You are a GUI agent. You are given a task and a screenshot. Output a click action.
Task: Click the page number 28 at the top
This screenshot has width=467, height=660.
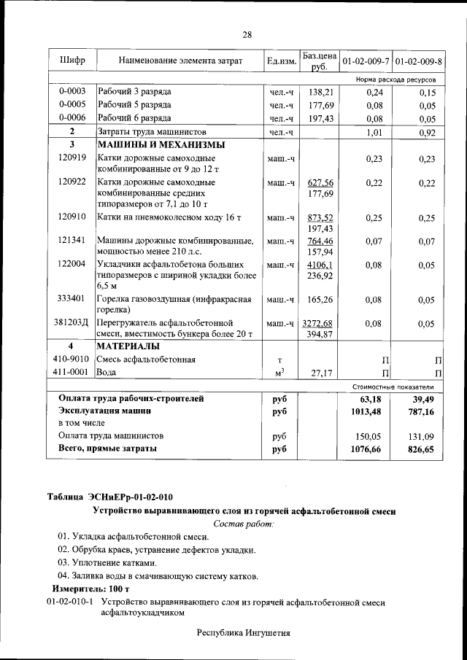click(x=247, y=35)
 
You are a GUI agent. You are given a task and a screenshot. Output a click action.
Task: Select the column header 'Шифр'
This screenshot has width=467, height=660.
click(x=72, y=61)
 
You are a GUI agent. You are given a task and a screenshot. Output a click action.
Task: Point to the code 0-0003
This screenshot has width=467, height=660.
click(x=72, y=91)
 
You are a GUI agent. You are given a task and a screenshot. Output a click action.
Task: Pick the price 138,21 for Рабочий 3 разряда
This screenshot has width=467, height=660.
click(x=320, y=91)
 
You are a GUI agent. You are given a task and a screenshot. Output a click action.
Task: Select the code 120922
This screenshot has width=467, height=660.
click(x=72, y=182)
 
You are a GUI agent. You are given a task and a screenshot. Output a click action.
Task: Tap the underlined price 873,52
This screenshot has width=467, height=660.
click(x=320, y=217)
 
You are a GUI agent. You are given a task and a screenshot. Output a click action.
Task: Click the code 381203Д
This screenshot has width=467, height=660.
click(x=72, y=322)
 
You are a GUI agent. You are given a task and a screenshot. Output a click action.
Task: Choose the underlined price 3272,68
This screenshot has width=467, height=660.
click(x=320, y=322)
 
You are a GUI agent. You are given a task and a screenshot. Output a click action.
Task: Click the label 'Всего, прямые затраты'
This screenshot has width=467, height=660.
click(x=107, y=449)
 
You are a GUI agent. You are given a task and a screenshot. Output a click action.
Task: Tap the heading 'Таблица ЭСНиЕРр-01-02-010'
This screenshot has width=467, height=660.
click(x=110, y=497)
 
